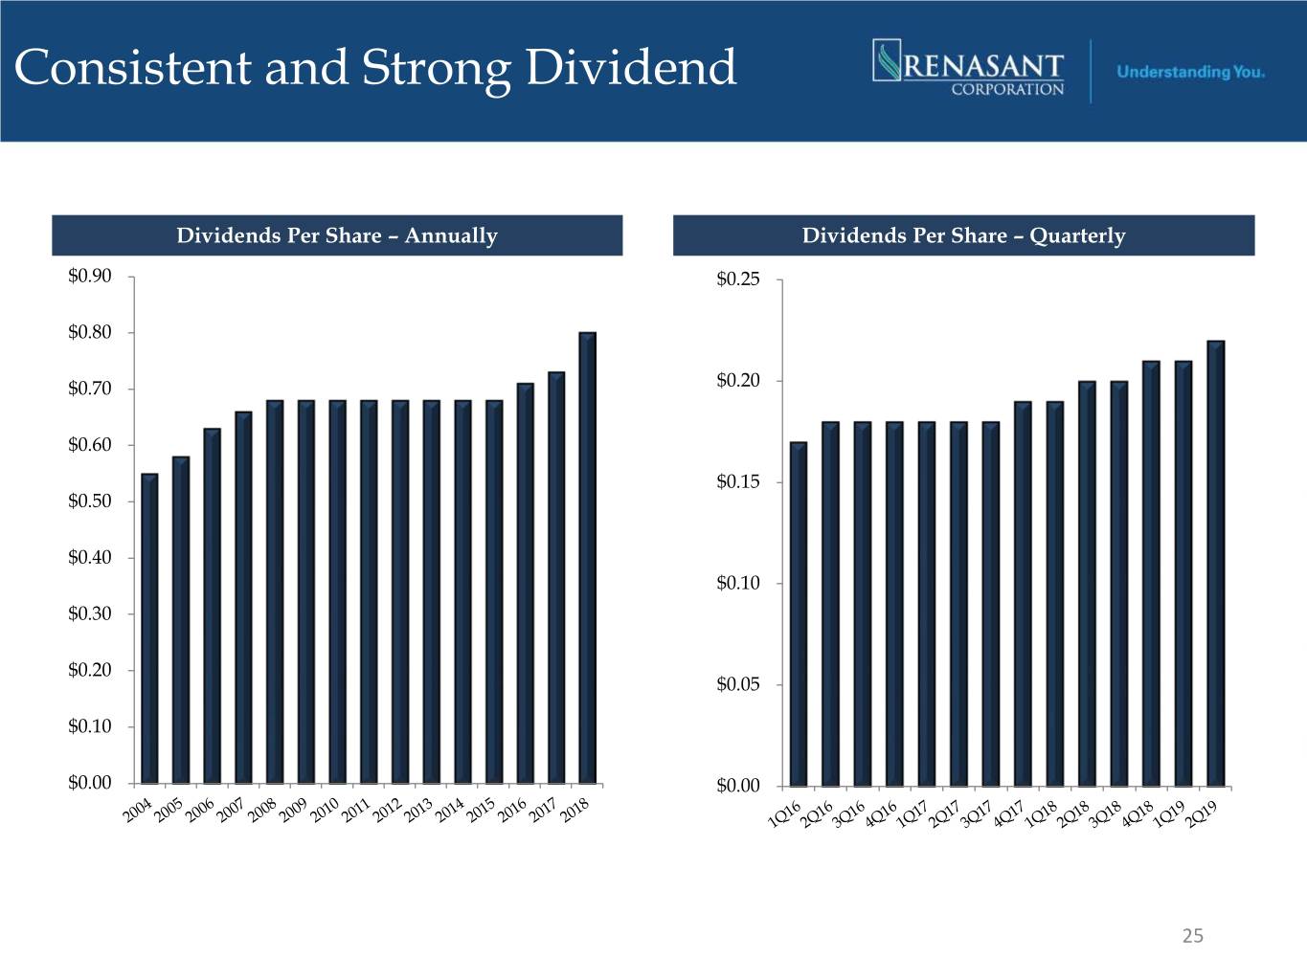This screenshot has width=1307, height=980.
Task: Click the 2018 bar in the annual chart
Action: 588,557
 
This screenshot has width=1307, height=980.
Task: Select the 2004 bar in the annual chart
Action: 149,628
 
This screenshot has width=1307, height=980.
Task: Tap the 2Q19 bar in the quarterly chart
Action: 1216,563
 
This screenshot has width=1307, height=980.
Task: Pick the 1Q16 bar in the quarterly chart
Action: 799,613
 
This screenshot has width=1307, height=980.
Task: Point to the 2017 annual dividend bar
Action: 556,577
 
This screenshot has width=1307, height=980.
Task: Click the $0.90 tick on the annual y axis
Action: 90,277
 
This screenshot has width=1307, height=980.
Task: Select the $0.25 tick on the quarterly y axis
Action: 738,279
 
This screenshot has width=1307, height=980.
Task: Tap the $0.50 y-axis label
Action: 90,501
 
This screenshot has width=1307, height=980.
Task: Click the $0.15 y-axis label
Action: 738,482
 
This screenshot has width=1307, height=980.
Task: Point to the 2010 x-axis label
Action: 326,811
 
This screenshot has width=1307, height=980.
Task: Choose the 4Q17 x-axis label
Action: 1008,813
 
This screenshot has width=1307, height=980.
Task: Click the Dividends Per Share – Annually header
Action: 337,235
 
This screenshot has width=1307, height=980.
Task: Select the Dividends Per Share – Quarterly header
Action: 963,235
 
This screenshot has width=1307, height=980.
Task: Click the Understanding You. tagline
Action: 1190,72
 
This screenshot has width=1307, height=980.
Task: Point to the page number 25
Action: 1193,936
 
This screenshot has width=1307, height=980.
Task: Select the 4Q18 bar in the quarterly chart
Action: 1152,573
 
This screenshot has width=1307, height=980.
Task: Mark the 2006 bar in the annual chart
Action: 212,605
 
